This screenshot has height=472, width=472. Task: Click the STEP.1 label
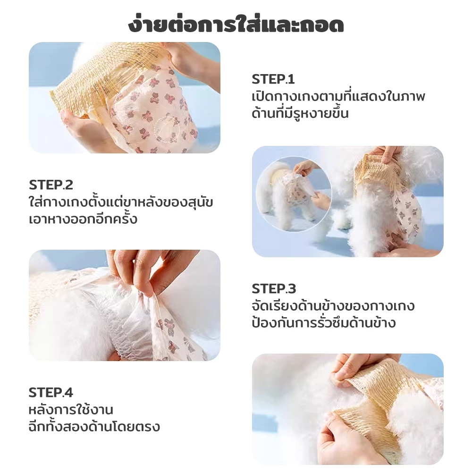(x=273, y=79)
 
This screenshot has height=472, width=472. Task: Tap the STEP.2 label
(x=51, y=185)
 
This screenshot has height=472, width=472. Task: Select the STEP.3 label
(x=274, y=289)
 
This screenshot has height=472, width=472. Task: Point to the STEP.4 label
(x=51, y=393)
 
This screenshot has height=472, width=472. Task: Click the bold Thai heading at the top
(x=236, y=25)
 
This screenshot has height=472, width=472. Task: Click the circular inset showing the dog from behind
(x=294, y=194)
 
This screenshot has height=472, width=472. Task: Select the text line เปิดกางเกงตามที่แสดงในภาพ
(x=338, y=96)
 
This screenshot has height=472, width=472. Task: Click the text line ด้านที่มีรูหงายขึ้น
(x=300, y=113)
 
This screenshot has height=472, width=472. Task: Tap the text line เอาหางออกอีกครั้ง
(x=83, y=219)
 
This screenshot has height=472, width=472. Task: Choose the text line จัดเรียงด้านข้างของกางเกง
(x=333, y=306)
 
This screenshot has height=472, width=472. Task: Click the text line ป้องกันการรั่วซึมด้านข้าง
(x=324, y=322)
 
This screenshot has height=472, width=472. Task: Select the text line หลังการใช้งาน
(x=71, y=409)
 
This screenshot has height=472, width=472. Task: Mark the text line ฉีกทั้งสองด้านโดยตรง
(x=94, y=426)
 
